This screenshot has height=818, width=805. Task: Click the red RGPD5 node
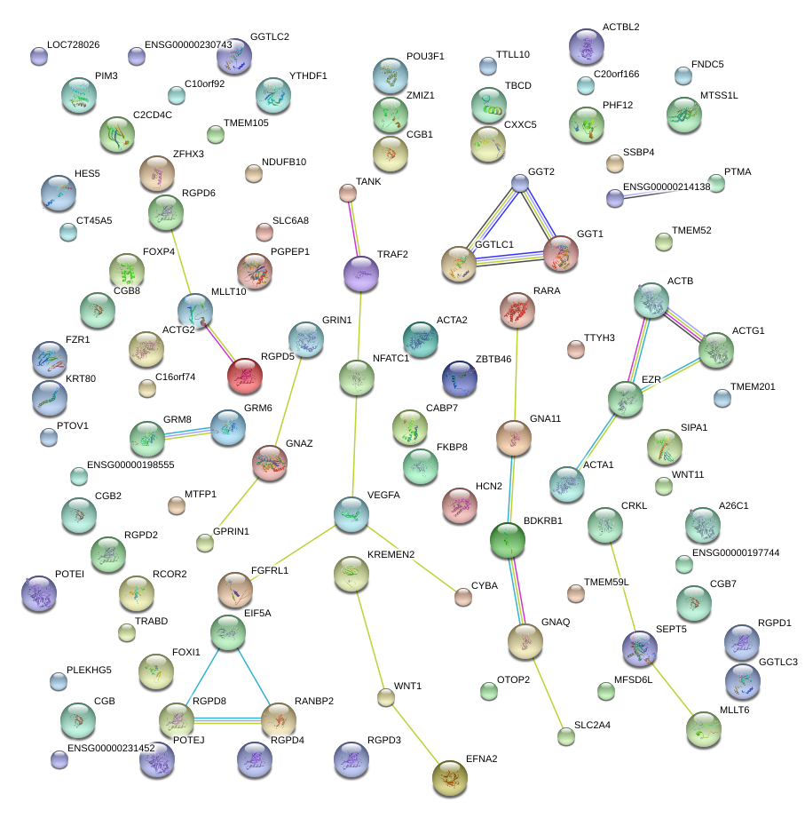(246, 377)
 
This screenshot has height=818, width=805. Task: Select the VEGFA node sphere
(351, 514)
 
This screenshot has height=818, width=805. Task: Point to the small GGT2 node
(520, 182)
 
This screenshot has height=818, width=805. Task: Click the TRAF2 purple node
(360, 274)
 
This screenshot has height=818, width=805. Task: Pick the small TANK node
(348, 193)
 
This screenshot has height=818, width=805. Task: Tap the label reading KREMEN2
(391, 555)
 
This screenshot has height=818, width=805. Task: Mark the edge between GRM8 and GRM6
(188, 432)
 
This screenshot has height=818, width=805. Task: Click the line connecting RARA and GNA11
(516, 373)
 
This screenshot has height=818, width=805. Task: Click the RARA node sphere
(517, 310)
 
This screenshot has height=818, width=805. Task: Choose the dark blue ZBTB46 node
(459, 379)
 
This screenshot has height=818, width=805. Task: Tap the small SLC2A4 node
(566, 735)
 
